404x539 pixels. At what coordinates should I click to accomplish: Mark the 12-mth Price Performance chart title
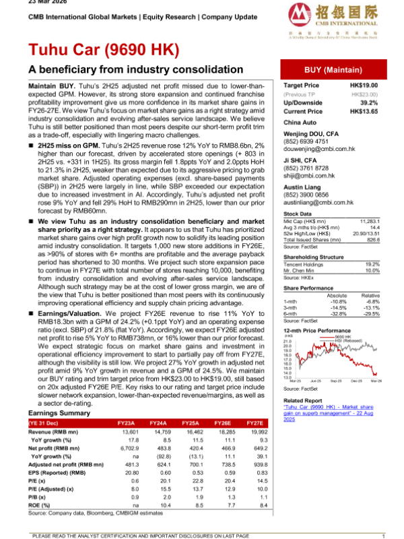[316, 331]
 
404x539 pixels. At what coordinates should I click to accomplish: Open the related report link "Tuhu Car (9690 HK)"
[310, 408]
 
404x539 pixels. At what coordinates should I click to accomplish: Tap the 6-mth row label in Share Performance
[292, 313]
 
